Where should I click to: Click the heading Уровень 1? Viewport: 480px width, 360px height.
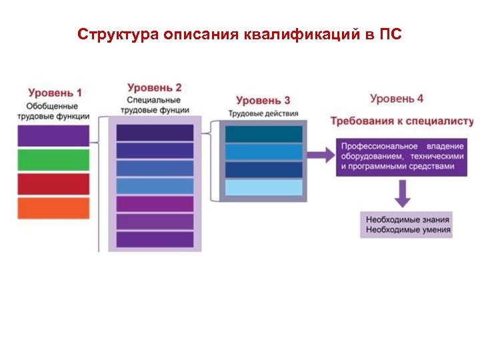pos(55,93)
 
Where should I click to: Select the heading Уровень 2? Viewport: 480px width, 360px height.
pos(155,87)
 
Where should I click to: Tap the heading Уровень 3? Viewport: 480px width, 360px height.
pos(263,101)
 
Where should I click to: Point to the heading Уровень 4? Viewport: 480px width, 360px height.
pos(397,99)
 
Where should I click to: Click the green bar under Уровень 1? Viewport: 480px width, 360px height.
pos(53,160)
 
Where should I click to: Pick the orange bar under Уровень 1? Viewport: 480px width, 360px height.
pos(53,208)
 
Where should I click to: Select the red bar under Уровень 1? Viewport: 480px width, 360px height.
pos(53,184)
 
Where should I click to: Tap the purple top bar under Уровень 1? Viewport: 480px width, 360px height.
pos(53,136)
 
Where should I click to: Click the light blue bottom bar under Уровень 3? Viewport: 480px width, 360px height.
pos(263,188)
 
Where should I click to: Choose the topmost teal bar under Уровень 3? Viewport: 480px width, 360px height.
pos(263,134)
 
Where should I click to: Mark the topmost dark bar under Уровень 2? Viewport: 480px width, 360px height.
pos(155,133)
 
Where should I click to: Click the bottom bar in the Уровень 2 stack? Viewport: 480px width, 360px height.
pos(155,239)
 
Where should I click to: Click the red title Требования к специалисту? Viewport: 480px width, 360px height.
pos(402,121)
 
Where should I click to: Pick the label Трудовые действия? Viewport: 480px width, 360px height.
pos(263,113)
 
